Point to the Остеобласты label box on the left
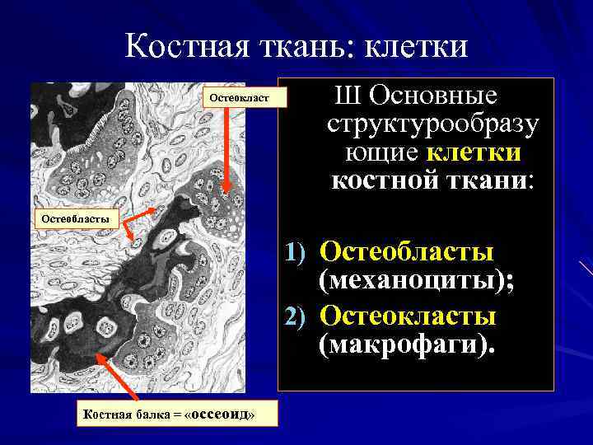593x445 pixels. tap(77, 218)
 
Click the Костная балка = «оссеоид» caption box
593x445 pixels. tap(176, 414)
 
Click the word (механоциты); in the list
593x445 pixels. tap(416, 281)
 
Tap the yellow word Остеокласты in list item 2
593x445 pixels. tap(408, 316)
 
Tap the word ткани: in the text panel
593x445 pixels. tap(486, 180)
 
